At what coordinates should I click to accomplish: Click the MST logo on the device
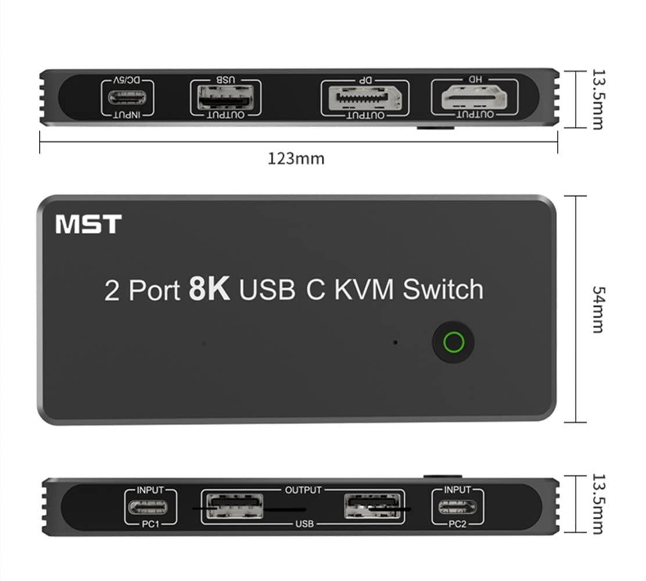pyautogui.click(x=88, y=224)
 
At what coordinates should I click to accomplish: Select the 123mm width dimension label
pyautogui.click(x=296, y=158)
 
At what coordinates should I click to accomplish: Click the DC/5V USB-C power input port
pyautogui.click(x=127, y=97)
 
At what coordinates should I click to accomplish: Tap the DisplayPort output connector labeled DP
pyautogui.click(x=364, y=98)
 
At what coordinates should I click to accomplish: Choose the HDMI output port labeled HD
pyautogui.click(x=475, y=97)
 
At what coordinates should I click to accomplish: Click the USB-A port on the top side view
pyautogui.click(x=225, y=98)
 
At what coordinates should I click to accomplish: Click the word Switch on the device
pyautogui.click(x=443, y=289)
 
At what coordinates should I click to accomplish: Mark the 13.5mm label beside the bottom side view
pyautogui.click(x=597, y=505)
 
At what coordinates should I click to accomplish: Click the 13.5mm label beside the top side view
pyautogui.click(x=597, y=99)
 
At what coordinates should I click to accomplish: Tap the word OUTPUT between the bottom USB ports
pyautogui.click(x=303, y=490)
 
